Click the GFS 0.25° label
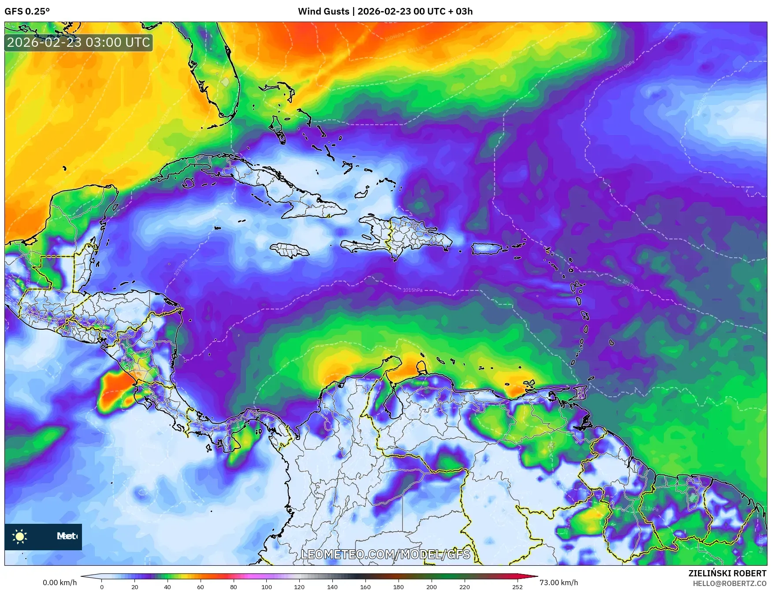[27, 11]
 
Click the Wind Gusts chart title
[385, 11]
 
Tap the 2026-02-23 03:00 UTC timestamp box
[78, 43]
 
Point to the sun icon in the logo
[20, 536]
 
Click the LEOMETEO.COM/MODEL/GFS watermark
[385, 554]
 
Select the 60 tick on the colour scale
[201, 586]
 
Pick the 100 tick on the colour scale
[266, 586]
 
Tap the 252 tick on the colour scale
[518, 586]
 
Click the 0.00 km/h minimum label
[60, 582]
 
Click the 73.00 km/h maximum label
[559, 582]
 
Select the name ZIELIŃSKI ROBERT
[727, 573]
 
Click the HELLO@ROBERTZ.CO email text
[729, 583]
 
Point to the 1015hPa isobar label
[412, 290]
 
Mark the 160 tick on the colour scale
[365, 586]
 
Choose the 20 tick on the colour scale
[134, 586]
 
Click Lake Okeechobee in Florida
[225, 82]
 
